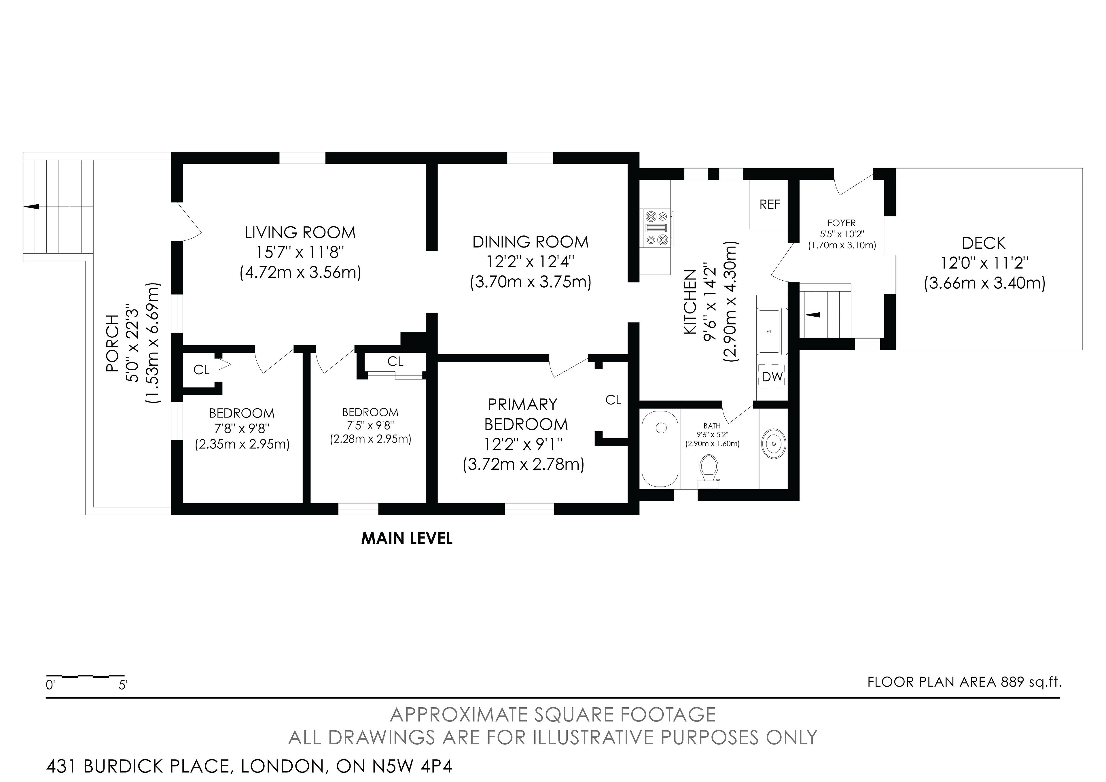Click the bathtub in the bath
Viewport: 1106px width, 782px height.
660,449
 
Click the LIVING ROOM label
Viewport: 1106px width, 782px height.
300,233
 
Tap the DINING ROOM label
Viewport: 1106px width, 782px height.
530,242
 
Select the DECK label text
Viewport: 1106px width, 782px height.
984,243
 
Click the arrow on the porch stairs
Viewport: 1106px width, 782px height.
32,207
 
